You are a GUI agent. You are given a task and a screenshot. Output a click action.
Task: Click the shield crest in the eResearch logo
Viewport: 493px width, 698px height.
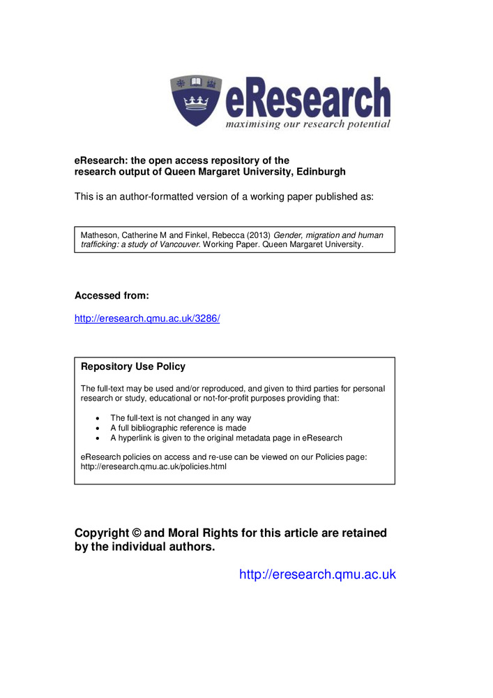(x=196, y=99)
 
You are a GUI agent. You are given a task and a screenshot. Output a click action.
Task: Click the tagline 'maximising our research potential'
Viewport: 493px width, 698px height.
(x=307, y=124)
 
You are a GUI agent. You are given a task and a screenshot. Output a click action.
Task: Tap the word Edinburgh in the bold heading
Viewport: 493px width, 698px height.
(x=319, y=172)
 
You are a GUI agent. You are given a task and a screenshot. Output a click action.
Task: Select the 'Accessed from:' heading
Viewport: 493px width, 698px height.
(x=112, y=295)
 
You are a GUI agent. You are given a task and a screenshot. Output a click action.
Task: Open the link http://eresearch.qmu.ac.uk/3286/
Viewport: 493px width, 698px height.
(x=147, y=318)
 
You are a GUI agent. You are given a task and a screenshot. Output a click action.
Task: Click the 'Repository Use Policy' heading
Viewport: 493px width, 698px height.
(x=133, y=366)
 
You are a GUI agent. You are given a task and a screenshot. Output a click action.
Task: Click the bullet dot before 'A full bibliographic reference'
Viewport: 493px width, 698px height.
(x=97, y=428)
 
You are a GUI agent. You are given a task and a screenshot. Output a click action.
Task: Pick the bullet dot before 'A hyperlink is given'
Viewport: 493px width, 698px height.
(x=97, y=438)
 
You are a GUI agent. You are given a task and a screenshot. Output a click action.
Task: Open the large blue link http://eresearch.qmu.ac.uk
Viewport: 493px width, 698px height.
(x=317, y=574)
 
